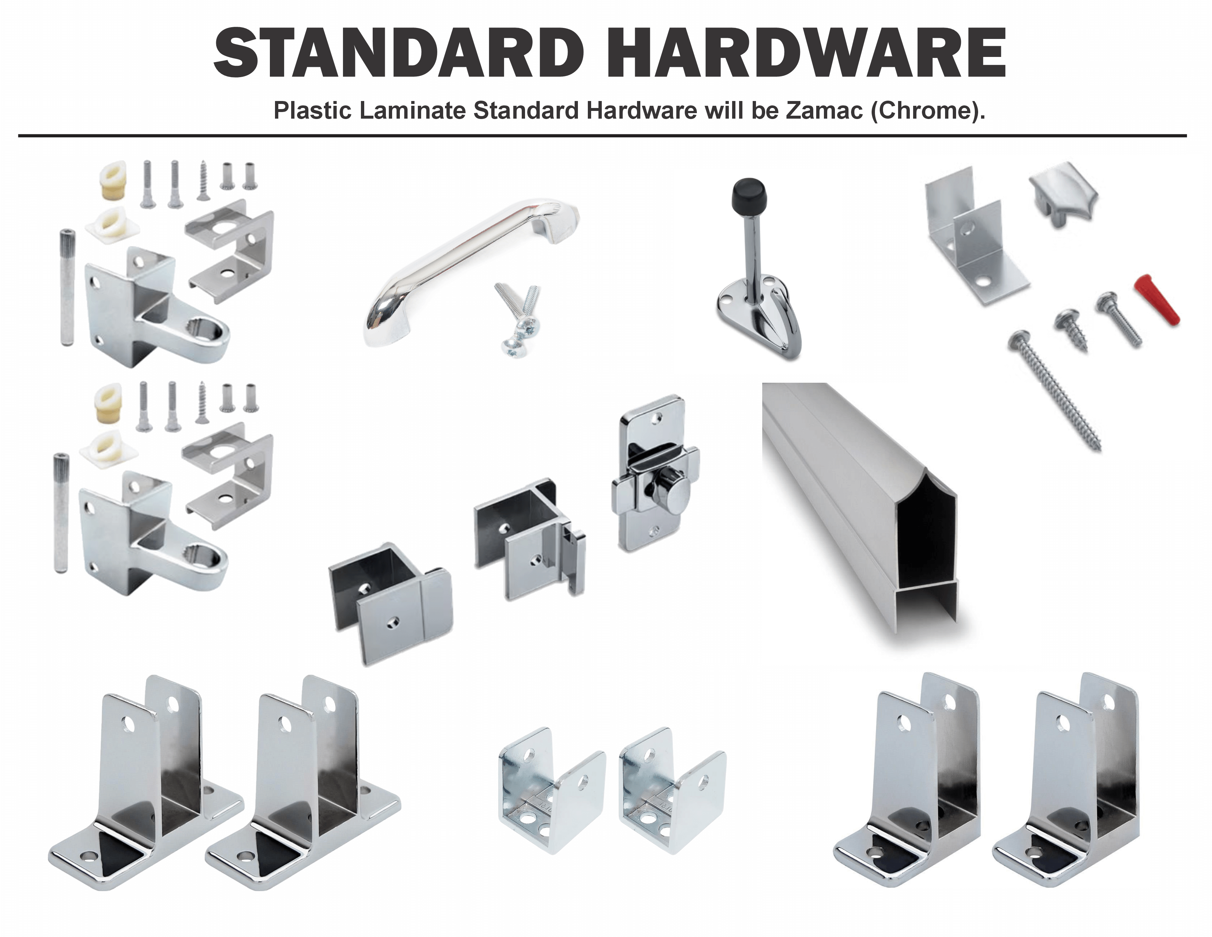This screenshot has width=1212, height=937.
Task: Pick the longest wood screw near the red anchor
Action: click(1054, 389)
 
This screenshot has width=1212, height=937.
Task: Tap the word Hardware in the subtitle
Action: click(641, 111)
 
